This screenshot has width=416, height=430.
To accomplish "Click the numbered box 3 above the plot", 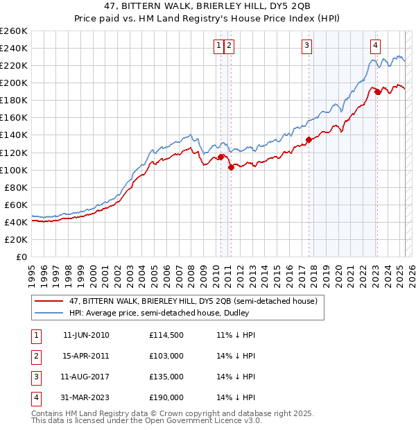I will pos(306,46).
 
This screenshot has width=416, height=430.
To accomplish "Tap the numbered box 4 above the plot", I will pos(375,46).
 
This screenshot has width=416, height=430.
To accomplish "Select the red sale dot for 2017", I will pos(309,139).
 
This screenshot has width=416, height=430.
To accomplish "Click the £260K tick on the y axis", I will pos(14,31).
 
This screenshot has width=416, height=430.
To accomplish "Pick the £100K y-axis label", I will pos(14,170).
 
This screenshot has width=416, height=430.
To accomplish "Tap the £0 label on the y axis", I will pos(21,257).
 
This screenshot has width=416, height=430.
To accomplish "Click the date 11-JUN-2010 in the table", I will pos(86,335).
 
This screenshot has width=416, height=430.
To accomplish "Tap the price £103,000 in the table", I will pos(166,356).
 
